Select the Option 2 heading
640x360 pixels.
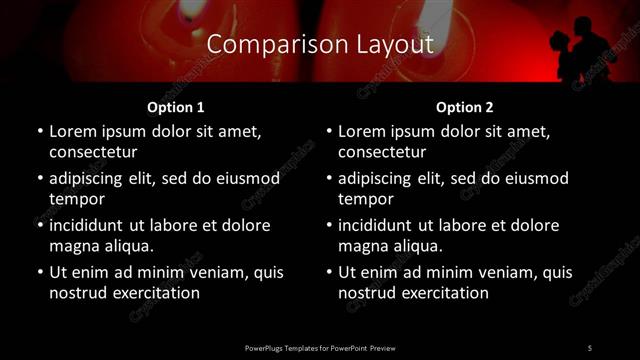465,106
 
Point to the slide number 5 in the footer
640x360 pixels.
589,347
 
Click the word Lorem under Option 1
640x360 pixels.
74,131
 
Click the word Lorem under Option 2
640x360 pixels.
364,131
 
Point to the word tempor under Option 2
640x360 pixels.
365,199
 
